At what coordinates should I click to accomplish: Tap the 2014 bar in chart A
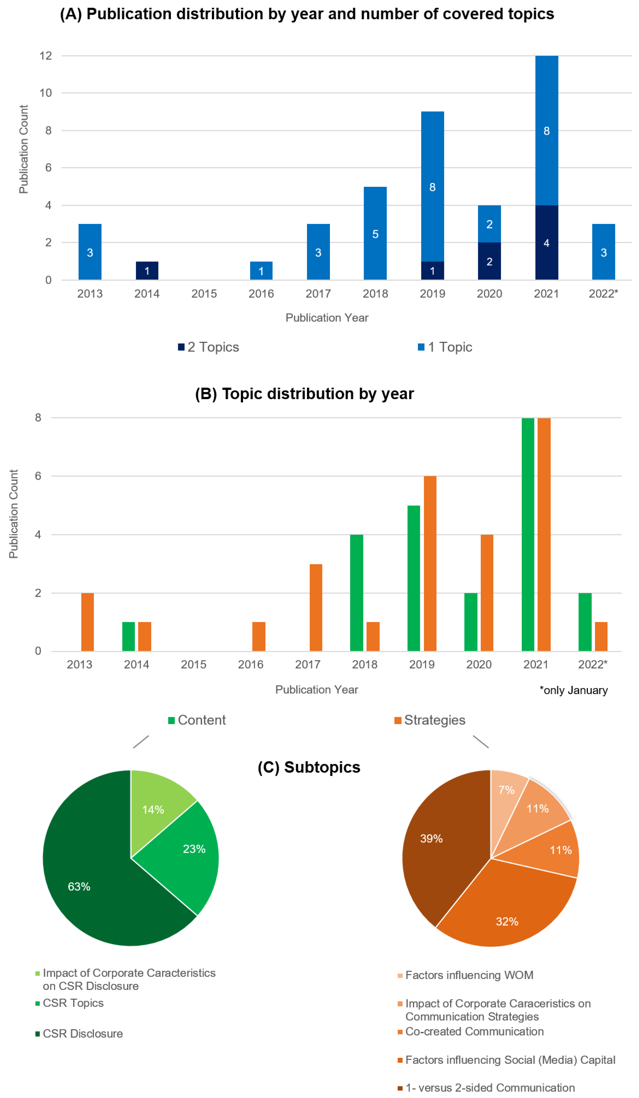pyautogui.click(x=147, y=271)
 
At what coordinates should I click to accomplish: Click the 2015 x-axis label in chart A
pyautogui.click(x=204, y=294)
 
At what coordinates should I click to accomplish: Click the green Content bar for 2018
pyautogui.click(x=356, y=593)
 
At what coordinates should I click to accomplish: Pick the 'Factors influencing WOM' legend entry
pyautogui.click(x=469, y=975)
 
